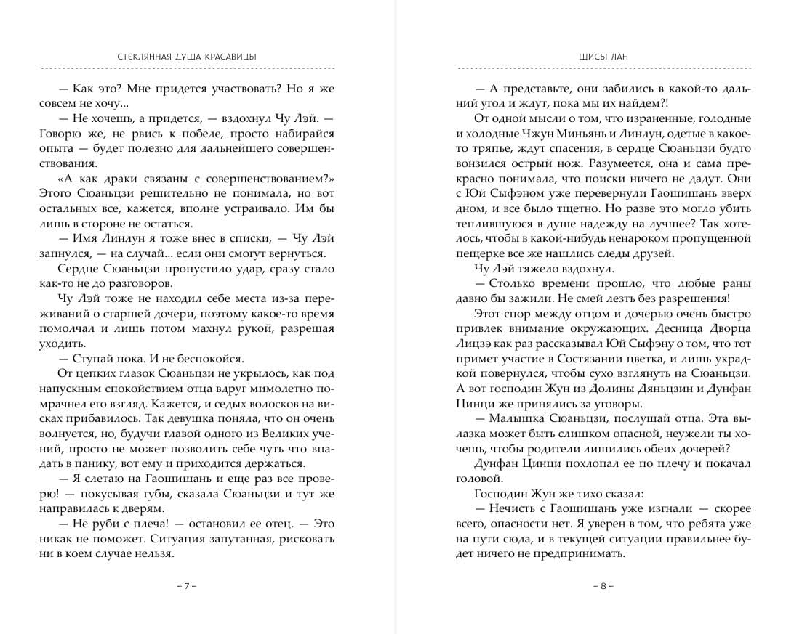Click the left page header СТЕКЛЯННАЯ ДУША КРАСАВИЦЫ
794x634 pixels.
[187, 57]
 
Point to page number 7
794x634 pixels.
[187, 585]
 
